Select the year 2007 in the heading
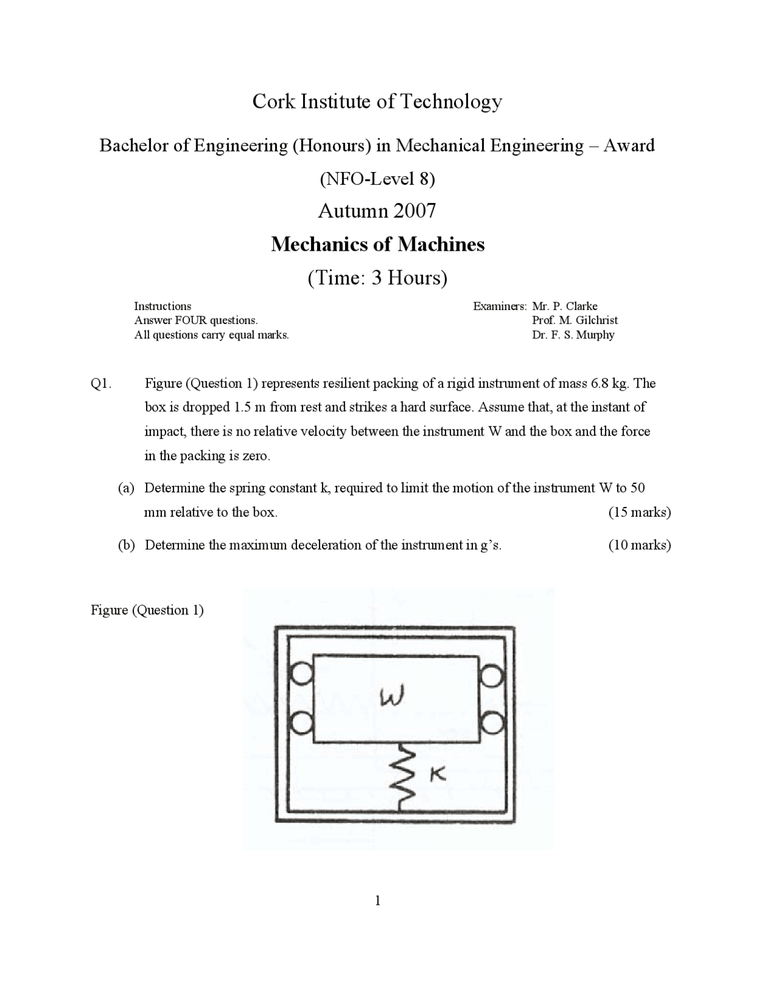414,211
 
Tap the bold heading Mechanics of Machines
378,244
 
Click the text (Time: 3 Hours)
377,277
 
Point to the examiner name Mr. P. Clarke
564,306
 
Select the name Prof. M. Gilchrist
575,320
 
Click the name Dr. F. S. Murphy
573,335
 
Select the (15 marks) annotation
639,512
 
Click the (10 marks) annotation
639,545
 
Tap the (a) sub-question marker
126,488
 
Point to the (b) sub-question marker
126,545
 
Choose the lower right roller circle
492,723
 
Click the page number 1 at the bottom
378,901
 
